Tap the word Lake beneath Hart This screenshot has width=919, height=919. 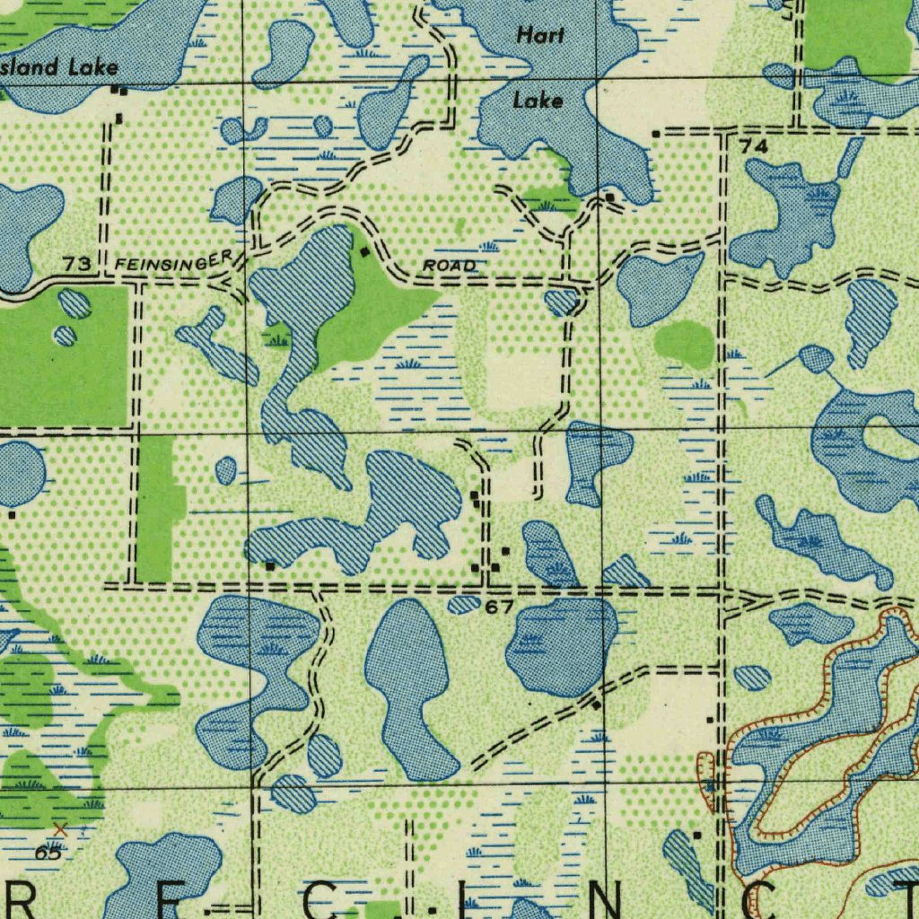pos(538,101)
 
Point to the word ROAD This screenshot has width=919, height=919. pos(449,266)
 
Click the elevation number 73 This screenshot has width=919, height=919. pos(77,263)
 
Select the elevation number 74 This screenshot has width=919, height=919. pos(754,145)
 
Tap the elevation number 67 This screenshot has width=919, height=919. pos(499,608)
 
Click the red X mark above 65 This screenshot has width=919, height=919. pos(60,828)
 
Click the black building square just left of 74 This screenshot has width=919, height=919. pos(656,134)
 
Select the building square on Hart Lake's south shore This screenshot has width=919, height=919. pos(609,196)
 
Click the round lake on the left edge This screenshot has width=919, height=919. pos(20,473)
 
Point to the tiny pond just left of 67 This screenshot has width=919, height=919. pos(464,605)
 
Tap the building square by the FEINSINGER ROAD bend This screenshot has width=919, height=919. pos(364,253)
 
